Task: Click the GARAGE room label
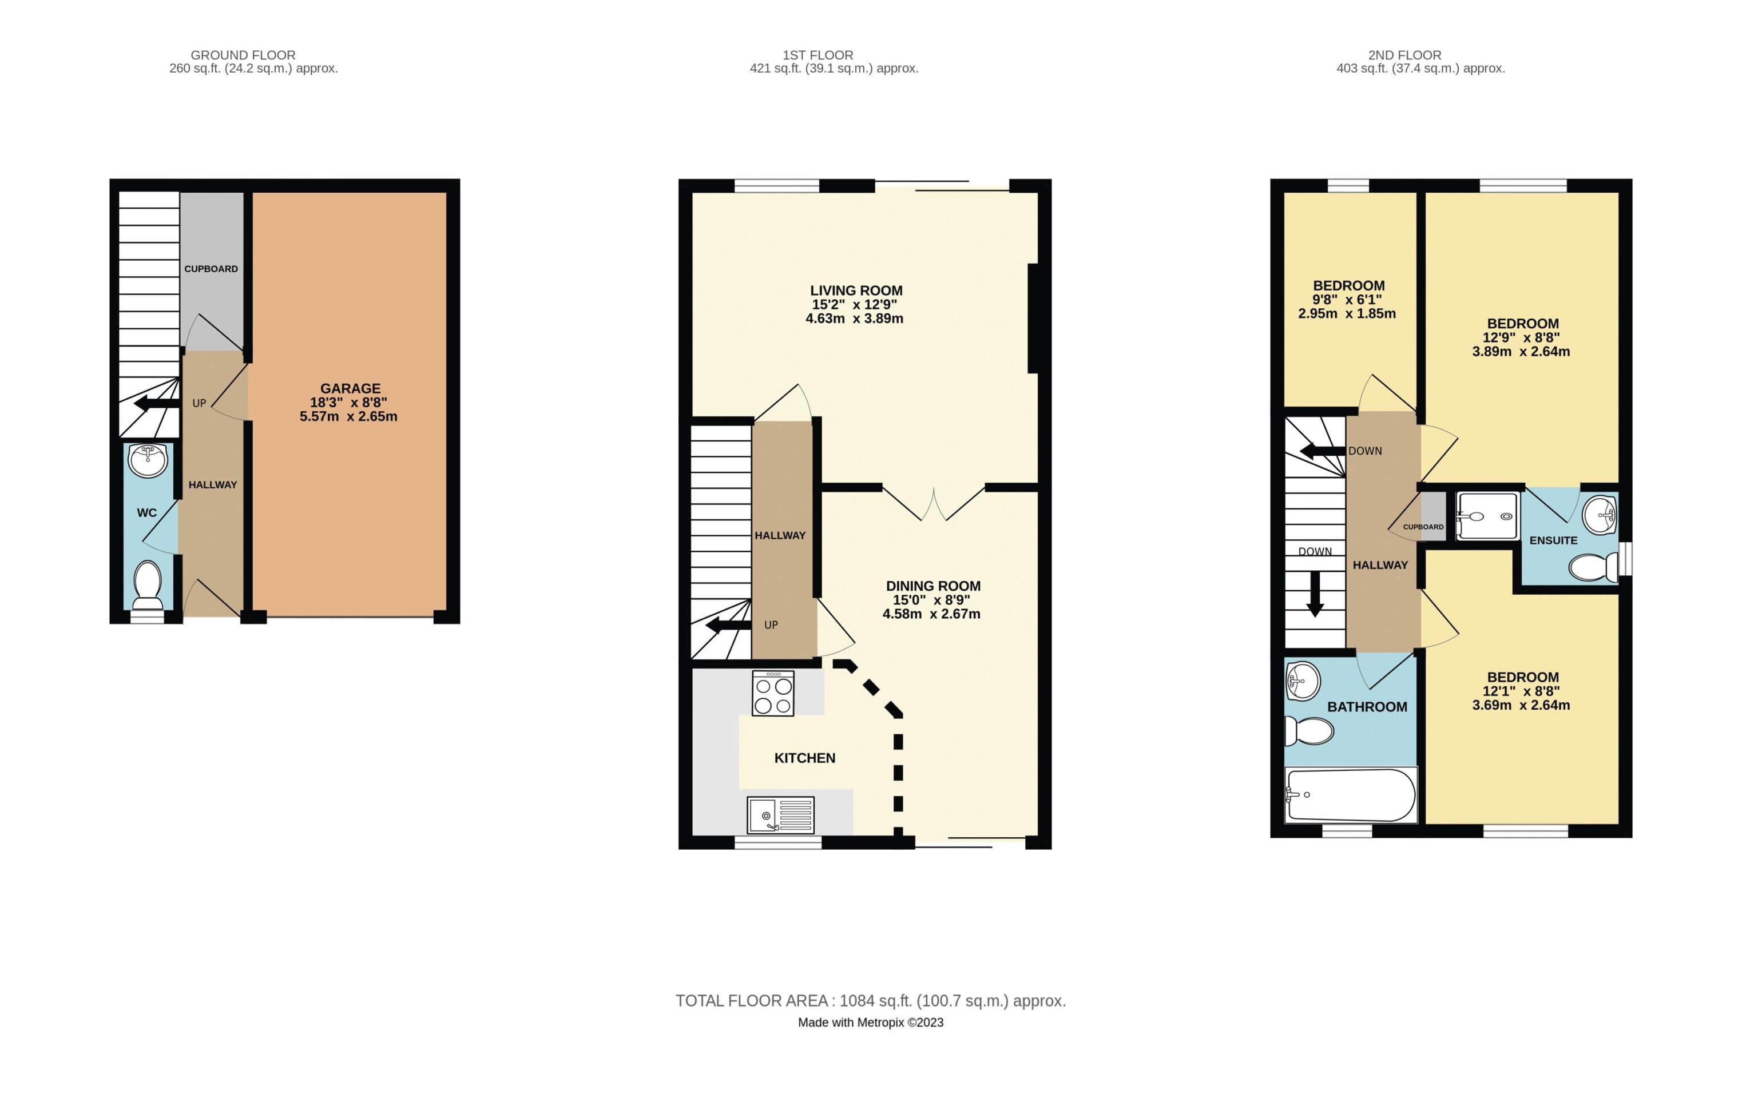click(350, 388)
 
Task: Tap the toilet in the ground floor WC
click(148, 584)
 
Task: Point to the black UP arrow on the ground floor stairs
click(156, 404)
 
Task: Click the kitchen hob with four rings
click(773, 693)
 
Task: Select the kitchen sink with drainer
click(780, 814)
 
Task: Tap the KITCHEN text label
click(804, 758)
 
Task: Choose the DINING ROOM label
click(933, 586)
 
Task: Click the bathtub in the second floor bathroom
click(1351, 795)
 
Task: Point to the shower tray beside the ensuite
click(1487, 516)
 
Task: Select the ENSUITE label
click(1553, 540)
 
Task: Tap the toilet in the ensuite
click(1592, 567)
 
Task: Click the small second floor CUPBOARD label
click(1423, 527)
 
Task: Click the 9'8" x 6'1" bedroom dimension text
click(1347, 300)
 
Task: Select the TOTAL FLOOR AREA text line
click(870, 1001)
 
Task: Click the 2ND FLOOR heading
click(1404, 55)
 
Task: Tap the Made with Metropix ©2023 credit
click(870, 1023)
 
